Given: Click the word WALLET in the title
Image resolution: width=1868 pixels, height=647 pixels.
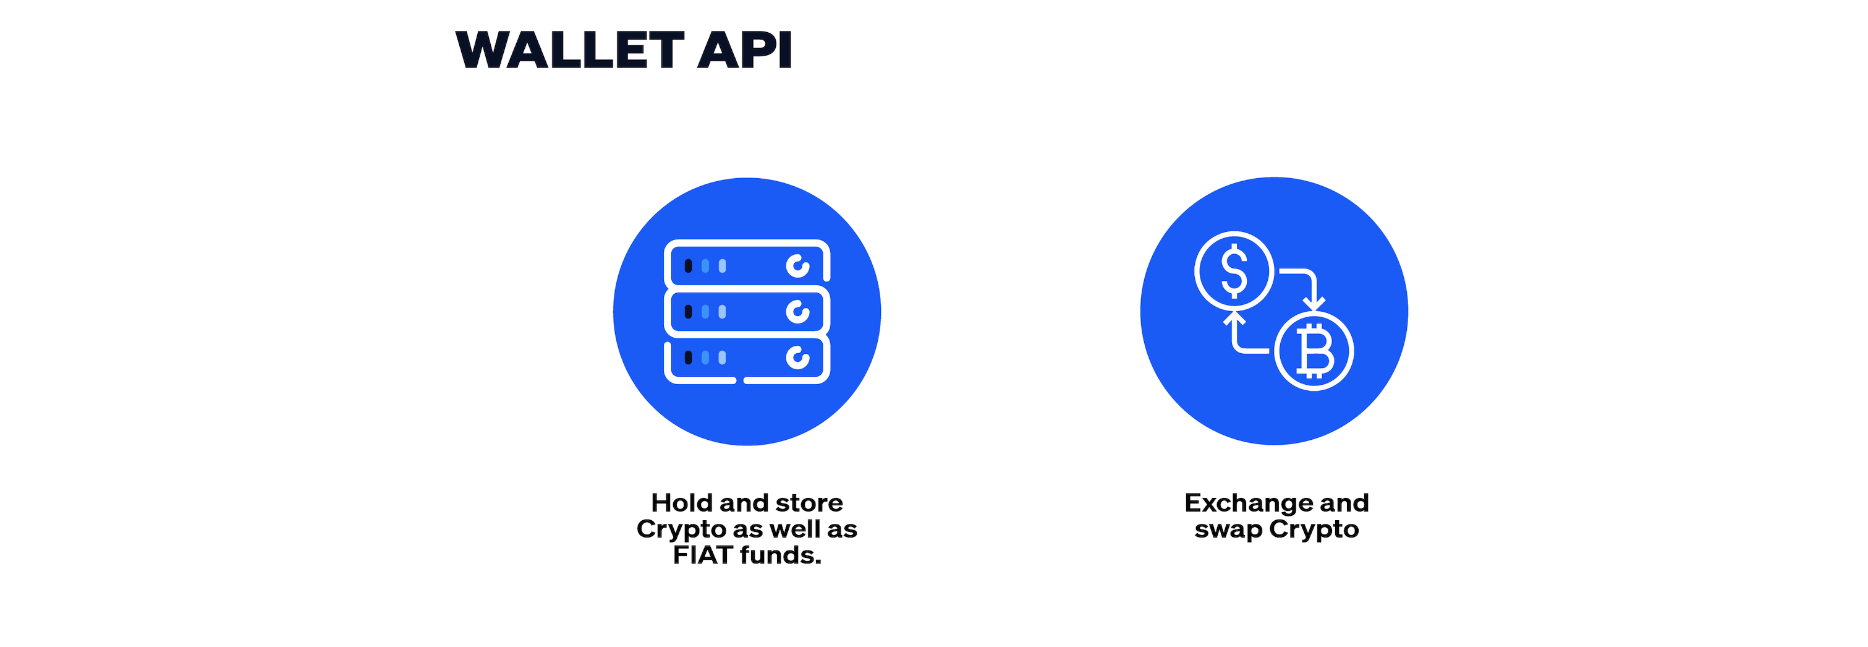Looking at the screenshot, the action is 570,50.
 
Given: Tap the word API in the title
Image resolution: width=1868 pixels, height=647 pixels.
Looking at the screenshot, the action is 745,50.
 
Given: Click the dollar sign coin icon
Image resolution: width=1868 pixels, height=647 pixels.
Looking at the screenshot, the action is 1234,270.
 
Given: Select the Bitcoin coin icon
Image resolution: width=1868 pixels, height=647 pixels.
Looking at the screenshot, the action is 1314,351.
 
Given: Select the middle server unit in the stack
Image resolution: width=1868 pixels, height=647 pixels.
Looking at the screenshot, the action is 747,311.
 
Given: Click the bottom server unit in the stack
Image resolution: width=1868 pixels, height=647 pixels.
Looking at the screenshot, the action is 747,360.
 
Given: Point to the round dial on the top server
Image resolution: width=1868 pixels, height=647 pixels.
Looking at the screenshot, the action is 797,266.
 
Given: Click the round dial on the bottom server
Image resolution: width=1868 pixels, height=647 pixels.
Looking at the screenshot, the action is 797,358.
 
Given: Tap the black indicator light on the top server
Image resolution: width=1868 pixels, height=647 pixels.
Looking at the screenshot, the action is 688,266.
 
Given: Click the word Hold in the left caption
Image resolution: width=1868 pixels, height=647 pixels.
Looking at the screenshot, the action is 682,503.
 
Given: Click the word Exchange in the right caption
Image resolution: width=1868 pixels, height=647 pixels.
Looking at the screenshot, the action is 1249,503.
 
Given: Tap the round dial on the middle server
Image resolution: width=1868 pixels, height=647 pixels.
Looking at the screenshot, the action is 797,312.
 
